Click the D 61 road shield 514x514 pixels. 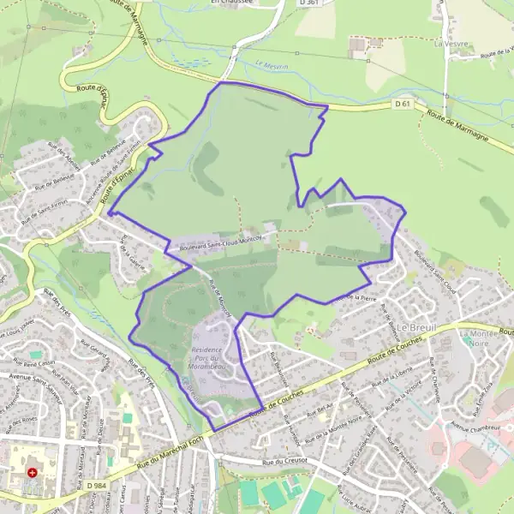pyautogui.click(x=403, y=104)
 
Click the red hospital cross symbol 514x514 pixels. pyautogui.click(x=33, y=472)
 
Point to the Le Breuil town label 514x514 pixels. pyautogui.click(x=416, y=328)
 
